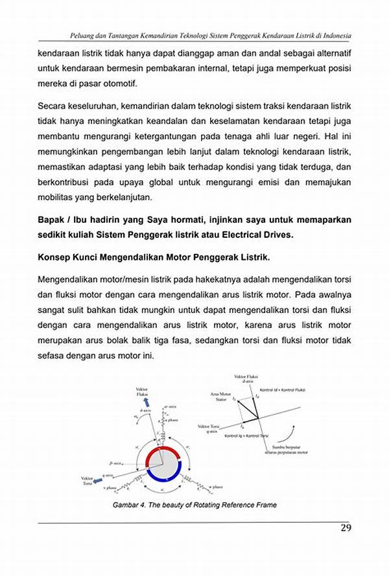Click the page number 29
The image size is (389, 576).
[346, 529]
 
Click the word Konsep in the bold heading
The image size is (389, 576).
[56, 257]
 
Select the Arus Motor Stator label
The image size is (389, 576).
[220, 397]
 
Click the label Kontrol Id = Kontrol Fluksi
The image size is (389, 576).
[282, 391]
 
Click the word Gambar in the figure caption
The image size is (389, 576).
[126, 505]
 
